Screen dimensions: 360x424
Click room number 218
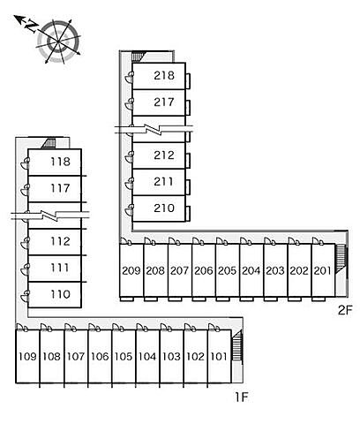click(164, 76)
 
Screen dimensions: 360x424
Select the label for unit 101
click(219, 357)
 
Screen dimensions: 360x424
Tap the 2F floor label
click(345, 310)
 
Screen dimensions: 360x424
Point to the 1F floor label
click(242, 397)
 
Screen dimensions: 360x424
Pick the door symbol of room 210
click(129, 210)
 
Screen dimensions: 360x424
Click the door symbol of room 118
click(26, 163)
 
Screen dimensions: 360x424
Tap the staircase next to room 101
click(237, 345)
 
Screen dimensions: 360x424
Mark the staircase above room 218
click(137, 56)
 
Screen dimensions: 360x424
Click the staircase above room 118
click(49, 143)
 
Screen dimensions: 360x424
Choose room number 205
click(227, 270)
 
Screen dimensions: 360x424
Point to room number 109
click(27, 357)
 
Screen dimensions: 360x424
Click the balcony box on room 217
click(188, 108)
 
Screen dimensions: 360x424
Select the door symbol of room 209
click(126, 241)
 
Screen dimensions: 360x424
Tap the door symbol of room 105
click(118, 327)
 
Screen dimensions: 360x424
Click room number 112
click(60, 241)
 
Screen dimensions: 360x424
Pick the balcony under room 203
click(271, 299)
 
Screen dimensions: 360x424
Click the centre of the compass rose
click(58, 42)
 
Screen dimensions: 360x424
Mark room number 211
click(163, 182)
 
